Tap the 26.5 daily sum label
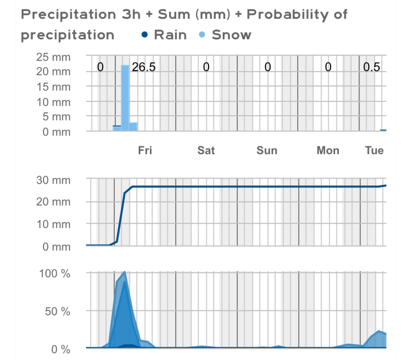(143, 67)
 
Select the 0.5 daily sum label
(372, 67)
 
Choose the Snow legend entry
(231, 35)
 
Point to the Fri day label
(145, 150)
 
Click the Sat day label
(206, 150)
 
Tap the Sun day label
(267, 150)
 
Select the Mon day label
(328, 150)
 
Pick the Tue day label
(375, 150)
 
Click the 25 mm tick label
(54, 57)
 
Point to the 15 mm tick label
(54, 87)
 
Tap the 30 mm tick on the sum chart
(54, 180)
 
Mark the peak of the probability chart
(124, 272)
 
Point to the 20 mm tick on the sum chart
(54, 202)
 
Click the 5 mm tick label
(56, 117)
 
